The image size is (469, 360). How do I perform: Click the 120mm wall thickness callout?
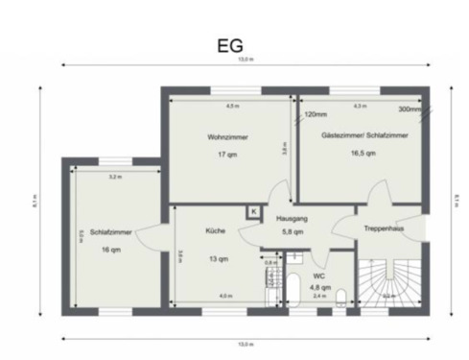(x=316, y=114)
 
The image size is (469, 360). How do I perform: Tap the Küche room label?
(x=215, y=231)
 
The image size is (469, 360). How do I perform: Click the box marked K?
(x=253, y=211)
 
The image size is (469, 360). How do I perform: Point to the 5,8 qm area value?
(x=293, y=232)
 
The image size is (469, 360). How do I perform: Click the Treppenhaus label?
(x=382, y=228)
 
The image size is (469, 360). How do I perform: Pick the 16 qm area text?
(x=110, y=250)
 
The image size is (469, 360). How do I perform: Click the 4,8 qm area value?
(x=319, y=286)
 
